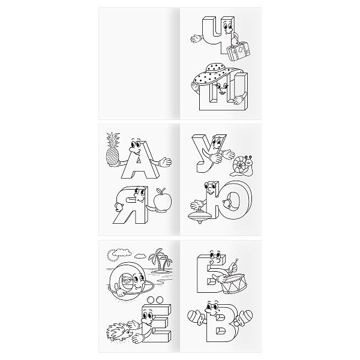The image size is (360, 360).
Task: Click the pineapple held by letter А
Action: click(x=113, y=152)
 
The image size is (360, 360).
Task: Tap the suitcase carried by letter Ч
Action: click(x=238, y=51)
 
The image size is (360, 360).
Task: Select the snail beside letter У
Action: click(x=242, y=165)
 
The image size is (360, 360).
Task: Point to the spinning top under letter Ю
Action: click(x=200, y=215)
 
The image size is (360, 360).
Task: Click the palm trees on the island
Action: click(x=160, y=260)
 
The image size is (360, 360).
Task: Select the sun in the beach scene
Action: click(x=112, y=254)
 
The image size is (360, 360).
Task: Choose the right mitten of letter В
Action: click(x=244, y=316)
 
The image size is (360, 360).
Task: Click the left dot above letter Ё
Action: click(x=151, y=300)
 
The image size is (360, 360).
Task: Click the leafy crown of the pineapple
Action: click(x=113, y=139)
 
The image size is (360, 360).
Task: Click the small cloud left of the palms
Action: click(x=140, y=256)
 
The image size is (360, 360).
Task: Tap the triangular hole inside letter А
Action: click(x=139, y=160)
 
